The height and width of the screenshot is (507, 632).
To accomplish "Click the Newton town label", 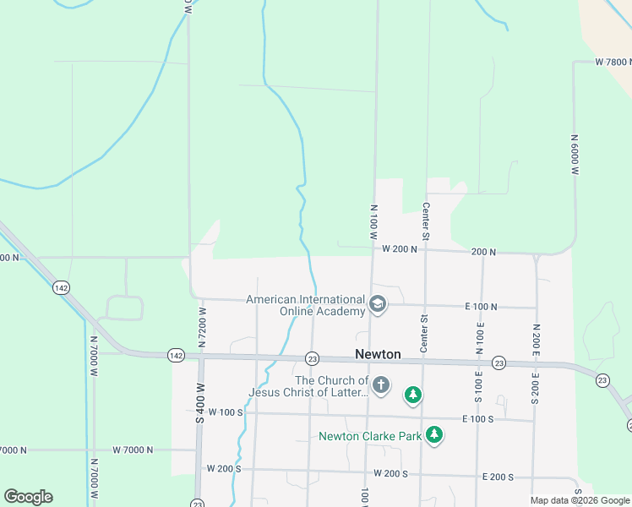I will pos(378,355).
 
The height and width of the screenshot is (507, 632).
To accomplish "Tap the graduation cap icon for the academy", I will pos(378,303).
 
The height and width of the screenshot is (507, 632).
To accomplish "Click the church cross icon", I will pos(380,386).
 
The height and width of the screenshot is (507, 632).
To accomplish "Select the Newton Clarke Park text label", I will pos(369,436).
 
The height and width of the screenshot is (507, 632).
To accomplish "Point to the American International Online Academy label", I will pos(305,304).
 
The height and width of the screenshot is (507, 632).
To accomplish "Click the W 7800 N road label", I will pos(613,63).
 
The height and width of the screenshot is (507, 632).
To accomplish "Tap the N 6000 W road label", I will pos(574,154).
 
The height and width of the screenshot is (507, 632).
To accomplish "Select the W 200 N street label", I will pos(399,249).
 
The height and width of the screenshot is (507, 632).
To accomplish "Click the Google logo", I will pos(28,497).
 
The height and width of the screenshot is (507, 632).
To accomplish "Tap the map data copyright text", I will pos(580,500).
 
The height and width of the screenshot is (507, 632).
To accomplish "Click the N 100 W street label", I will pos(373,221).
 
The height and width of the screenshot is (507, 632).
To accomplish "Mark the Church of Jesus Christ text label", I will pos(308,387).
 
